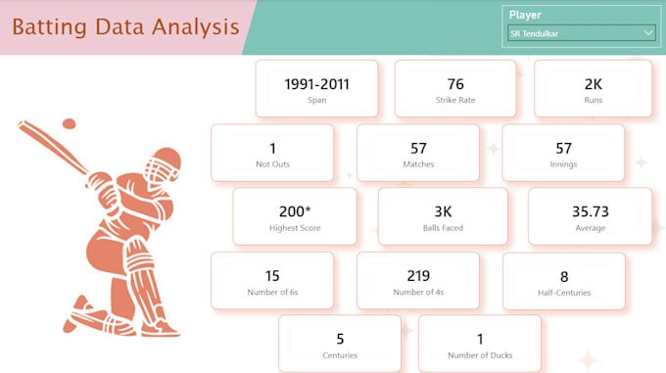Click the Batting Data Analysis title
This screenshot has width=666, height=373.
coord(125,27)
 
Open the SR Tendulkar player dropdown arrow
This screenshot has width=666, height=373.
coord(647,32)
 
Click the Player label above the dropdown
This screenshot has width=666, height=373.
coord(525,16)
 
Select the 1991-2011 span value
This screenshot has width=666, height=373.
coord(317,84)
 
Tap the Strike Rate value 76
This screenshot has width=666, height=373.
coord(455,84)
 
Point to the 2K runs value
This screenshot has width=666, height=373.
coord(593,84)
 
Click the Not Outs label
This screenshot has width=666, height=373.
coord(272,164)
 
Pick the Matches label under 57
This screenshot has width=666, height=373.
coord(418,164)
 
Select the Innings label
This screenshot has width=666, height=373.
coord(563,164)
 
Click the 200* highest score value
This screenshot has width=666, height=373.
coord(295,210)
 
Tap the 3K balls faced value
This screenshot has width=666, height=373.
coord(443,211)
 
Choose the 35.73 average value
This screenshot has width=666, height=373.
coord(590,211)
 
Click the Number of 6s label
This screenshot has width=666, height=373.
coord(272,292)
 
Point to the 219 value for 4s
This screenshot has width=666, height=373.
coord(418,276)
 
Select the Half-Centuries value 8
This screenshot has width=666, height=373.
coord(564,277)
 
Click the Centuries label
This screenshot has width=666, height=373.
coord(340,355)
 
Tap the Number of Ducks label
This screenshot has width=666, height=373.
coord(480,355)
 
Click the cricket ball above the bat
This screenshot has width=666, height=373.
coord(69,123)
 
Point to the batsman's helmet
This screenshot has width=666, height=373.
coord(164,164)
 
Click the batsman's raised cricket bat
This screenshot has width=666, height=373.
coord(53,147)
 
